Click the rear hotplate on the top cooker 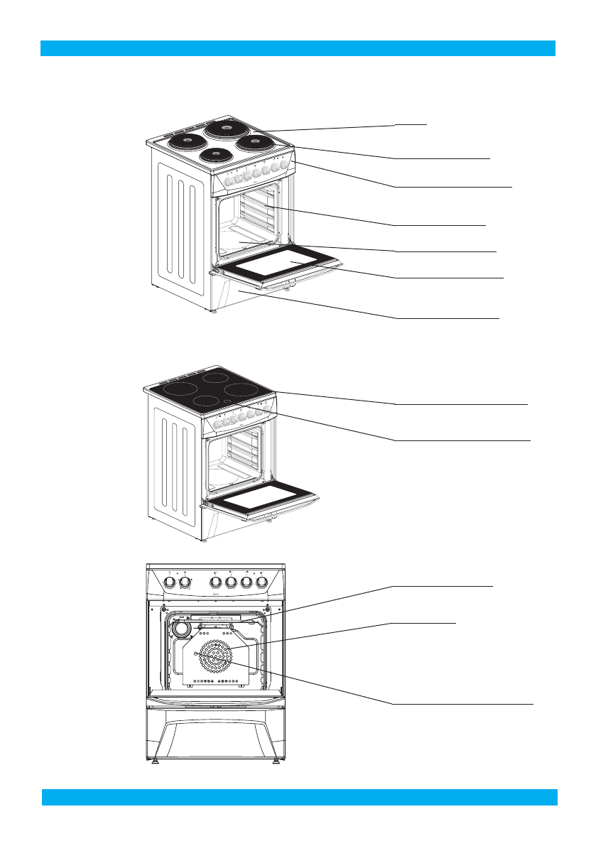[x=226, y=129]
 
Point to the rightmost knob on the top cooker [x=284, y=165]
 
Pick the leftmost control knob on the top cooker [x=229, y=181]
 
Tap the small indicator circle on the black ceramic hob [x=228, y=401]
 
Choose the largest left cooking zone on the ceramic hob [x=175, y=389]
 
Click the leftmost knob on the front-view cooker [x=170, y=582]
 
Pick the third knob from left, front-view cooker [x=216, y=582]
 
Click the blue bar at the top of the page [x=298, y=48]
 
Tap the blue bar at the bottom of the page [x=299, y=796]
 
